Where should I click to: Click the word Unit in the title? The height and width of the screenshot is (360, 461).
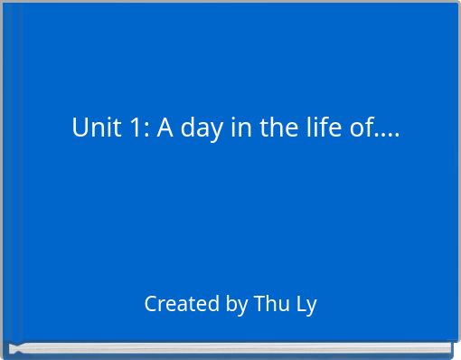pos(94,128)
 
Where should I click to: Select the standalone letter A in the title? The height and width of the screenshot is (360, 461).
pos(165,128)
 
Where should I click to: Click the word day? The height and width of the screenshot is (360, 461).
pos(200,129)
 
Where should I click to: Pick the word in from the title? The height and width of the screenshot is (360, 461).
pos(240,128)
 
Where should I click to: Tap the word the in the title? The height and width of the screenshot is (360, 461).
pos(277,128)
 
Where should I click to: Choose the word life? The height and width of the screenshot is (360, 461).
pos(323,128)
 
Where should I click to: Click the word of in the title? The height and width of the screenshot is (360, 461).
pos(362,128)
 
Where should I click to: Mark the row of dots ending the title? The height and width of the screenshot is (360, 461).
pos(387,136)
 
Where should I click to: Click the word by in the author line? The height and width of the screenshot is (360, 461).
pos(237,305)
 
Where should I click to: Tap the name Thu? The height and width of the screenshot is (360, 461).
pos(271,304)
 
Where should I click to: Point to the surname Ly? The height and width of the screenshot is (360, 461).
pos(306,305)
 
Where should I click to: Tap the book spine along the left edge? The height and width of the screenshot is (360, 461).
pos(8,172)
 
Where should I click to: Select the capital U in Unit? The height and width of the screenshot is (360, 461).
pos(80,128)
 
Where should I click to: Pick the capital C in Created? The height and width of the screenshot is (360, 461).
pos(151,304)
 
